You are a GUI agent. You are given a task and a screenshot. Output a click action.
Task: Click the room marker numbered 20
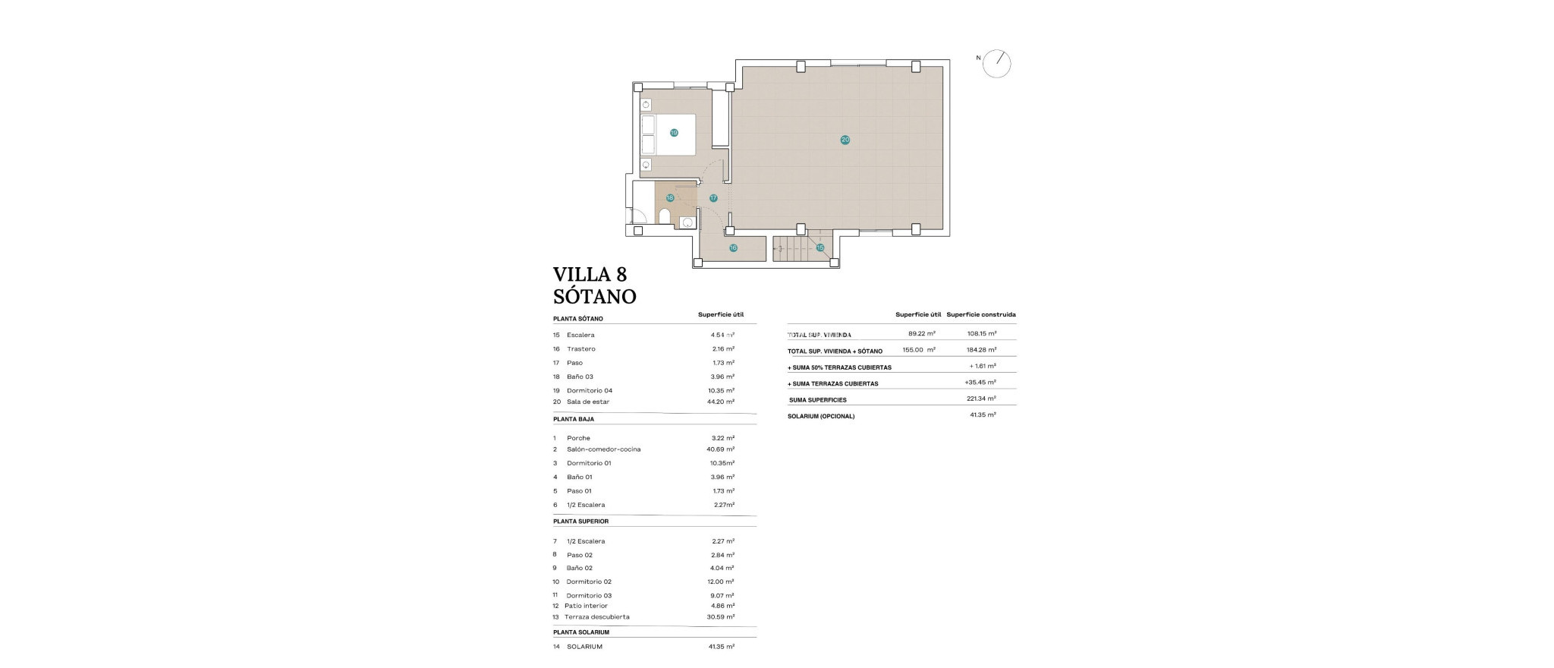click(845, 140)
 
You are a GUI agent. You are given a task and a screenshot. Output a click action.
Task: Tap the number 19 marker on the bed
click(673, 133)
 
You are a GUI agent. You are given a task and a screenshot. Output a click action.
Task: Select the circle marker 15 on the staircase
click(819, 247)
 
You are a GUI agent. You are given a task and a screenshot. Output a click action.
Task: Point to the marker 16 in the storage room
click(733, 247)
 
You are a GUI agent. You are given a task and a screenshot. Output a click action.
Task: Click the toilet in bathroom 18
click(665, 218)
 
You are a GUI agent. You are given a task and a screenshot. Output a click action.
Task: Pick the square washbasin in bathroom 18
click(687, 222)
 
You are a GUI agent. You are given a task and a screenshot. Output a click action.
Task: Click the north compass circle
click(996, 64)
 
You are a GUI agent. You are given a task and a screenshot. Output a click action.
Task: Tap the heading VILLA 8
click(590, 274)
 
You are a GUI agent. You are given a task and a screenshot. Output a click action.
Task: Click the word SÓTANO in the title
click(594, 296)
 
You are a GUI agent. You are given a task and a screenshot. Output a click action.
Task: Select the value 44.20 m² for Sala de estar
click(720, 402)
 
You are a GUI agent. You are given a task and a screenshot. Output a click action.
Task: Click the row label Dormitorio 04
click(589, 390)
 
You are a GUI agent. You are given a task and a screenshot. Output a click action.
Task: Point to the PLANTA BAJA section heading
click(573, 419)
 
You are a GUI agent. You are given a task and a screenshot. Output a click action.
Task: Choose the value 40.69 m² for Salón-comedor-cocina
click(720, 449)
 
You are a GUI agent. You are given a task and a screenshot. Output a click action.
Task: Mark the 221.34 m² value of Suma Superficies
click(982, 399)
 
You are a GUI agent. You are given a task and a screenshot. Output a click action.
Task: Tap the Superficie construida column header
click(980, 314)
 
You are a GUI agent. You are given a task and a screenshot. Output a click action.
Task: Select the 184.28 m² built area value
click(982, 350)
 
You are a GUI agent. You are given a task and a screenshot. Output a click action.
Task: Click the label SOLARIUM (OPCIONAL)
click(820, 416)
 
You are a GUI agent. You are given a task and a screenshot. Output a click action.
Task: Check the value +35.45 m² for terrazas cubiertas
click(980, 383)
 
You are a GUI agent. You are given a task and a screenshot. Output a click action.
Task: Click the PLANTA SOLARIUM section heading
click(580, 632)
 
